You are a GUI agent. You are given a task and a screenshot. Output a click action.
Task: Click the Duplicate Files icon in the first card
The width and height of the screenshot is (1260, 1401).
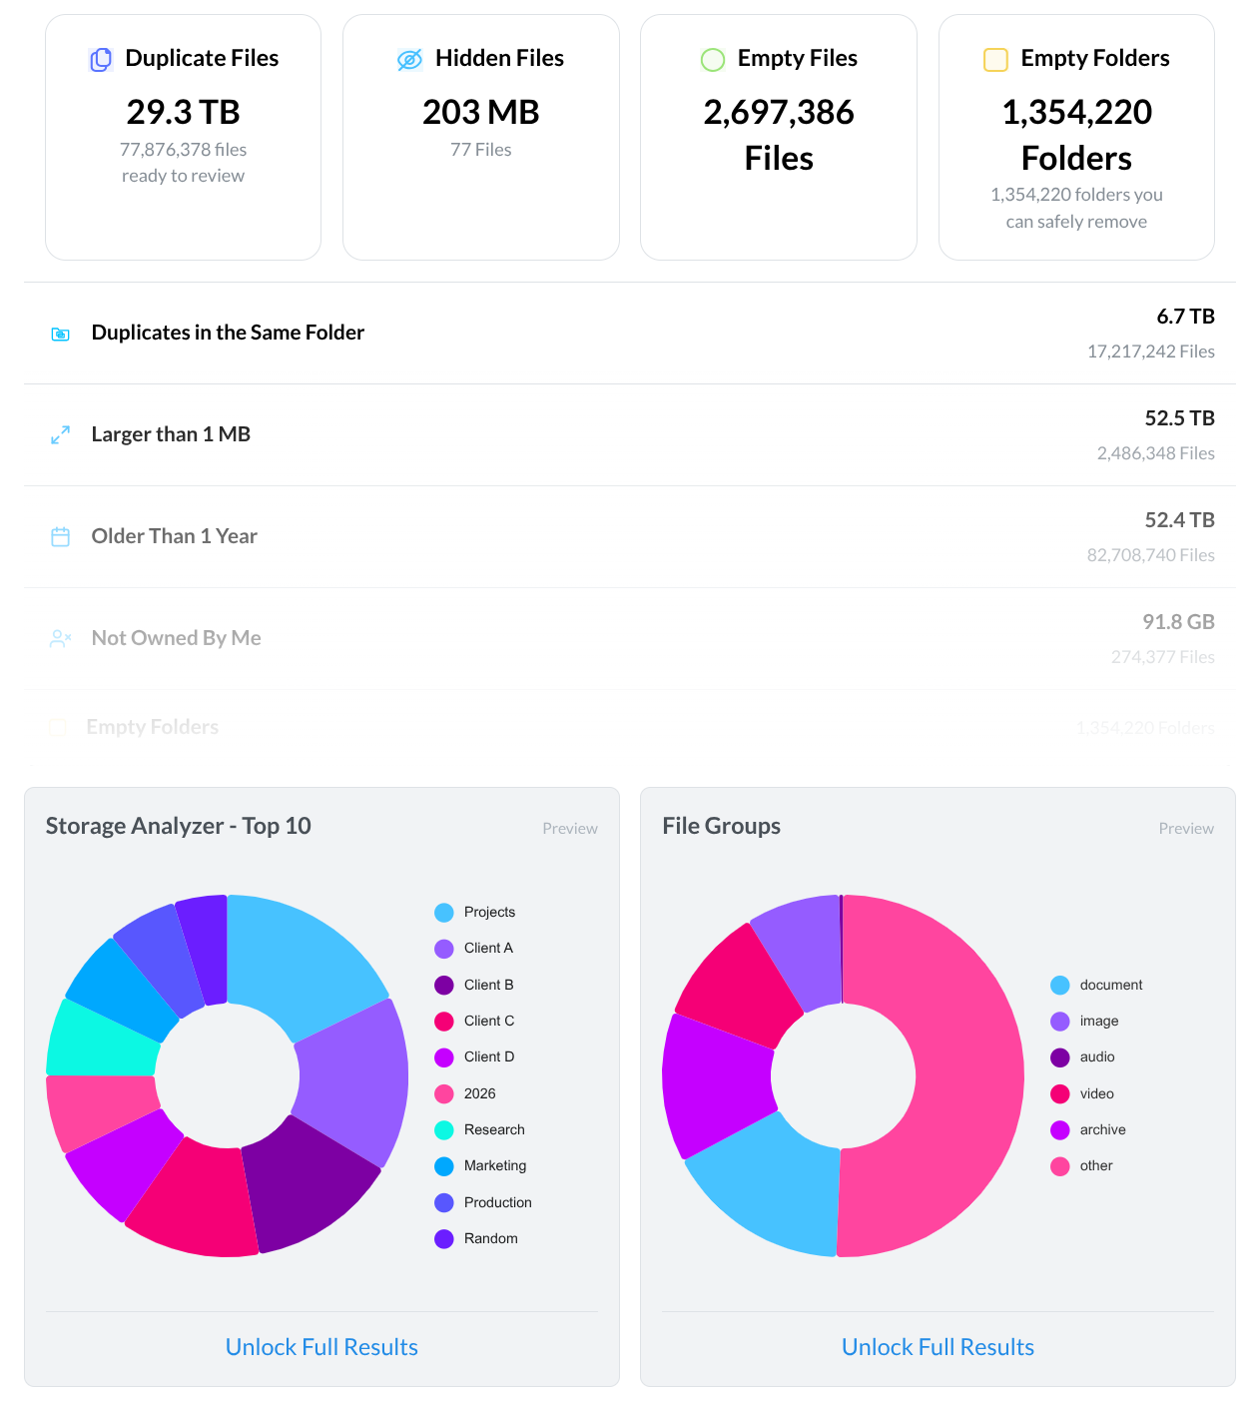click(101, 60)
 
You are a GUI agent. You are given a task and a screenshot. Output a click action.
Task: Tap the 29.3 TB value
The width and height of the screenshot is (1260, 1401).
click(183, 112)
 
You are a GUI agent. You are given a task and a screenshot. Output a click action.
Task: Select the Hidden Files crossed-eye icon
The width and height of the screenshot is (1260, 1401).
click(409, 60)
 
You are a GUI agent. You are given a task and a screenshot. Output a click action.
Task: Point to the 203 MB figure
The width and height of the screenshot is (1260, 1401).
click(480, 112)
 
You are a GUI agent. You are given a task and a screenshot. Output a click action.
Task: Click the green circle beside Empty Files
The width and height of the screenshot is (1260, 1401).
click(712, 60)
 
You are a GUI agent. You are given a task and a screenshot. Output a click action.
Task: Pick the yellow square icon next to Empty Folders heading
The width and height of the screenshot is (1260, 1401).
click(995, 60)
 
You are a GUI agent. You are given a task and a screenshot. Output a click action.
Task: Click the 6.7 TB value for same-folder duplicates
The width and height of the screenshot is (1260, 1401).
click(1185, 317)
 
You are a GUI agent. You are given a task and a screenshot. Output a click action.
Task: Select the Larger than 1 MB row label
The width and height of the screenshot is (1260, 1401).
click(171, 434)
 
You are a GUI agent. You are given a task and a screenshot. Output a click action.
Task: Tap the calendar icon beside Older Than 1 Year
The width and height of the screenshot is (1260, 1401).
click(61, 537)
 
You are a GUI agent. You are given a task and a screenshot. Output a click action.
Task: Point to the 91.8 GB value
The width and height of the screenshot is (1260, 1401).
click(1178, 622)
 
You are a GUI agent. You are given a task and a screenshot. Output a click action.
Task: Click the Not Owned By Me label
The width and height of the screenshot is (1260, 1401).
click(176, 638)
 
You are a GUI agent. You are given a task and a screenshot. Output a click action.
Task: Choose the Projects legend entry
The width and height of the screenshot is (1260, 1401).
click(489, 912)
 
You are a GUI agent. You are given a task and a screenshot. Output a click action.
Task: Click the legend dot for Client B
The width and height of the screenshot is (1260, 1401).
click(444, 986)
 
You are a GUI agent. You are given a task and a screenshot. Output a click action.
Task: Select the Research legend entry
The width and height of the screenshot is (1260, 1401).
click(493, 1129)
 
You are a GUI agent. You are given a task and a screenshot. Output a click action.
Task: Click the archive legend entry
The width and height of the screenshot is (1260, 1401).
click(1102, 1129)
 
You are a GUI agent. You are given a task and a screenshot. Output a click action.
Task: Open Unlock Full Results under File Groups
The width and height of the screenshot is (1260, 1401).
click(938, 1347)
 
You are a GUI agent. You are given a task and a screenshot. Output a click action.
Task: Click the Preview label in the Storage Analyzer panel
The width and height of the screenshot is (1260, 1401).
click(570, 829)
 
